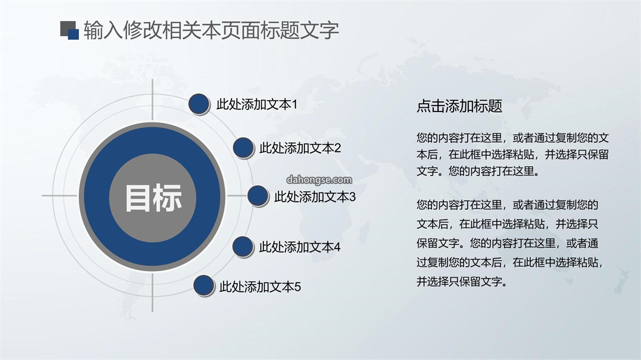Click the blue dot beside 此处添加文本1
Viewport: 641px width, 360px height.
tap(199, 104)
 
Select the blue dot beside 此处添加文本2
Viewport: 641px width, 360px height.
tap(243, 148)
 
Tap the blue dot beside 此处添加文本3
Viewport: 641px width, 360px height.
tap(258, 196)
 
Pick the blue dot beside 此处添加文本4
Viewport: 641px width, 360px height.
tap(243, 247)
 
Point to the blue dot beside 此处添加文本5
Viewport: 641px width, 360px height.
tap(204, 285)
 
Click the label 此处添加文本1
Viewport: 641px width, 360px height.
tap(257, 104)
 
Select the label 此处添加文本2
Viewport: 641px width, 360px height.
tap(300, 148)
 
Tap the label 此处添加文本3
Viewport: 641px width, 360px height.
tap(315, 197)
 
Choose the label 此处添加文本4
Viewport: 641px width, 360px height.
tap(300, 247)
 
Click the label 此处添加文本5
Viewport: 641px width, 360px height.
tap(260, 287)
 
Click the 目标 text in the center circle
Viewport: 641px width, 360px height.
tap(153, 198)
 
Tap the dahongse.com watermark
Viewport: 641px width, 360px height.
tap(319, 180)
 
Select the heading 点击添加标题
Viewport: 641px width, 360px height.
tap(459, 106)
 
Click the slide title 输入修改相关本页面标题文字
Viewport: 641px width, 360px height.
tap(211, 31)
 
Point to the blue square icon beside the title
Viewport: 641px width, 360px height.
tap(74, 34)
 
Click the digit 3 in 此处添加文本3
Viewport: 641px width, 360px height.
tap(353, 197)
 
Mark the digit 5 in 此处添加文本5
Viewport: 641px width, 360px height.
tap(297, 287)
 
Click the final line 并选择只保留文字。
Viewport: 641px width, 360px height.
tap(462, 282)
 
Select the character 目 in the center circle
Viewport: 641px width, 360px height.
tap(138, 198)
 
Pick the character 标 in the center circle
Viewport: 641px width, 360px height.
tap(168, 198)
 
